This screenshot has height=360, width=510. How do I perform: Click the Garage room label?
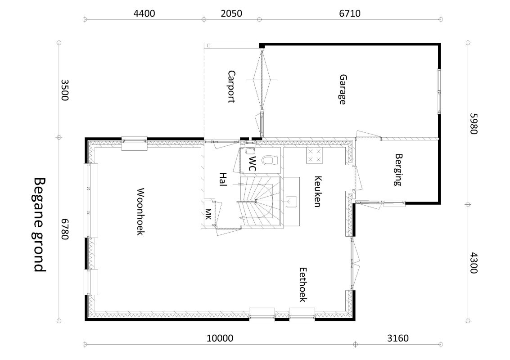pos(343,90)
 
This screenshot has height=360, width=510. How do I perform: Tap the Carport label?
pos(231,86)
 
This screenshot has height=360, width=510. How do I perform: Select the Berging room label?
pos(398,170)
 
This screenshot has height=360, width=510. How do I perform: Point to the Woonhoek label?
pos(140,211)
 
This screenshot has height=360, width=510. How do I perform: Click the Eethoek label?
pos(303,284)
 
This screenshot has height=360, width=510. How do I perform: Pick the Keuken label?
pos(317,191)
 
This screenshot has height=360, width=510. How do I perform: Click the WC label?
pos(253,164)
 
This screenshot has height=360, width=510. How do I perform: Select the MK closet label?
pos(208,214)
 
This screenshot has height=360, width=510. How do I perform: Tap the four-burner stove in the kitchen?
pos(314,155)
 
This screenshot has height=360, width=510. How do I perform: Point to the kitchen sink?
pos(291,202)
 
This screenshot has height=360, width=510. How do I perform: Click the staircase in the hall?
pos(260,201)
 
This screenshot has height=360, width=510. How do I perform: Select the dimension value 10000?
pos(220,338)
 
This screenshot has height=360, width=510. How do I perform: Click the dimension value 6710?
pos(350,13)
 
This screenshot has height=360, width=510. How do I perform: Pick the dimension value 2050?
pos(231,13)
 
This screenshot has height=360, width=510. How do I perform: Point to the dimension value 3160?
pos(398,338)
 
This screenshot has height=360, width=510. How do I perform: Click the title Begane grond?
pos(40,225)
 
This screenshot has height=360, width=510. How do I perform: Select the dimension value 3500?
pos(65,90)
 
